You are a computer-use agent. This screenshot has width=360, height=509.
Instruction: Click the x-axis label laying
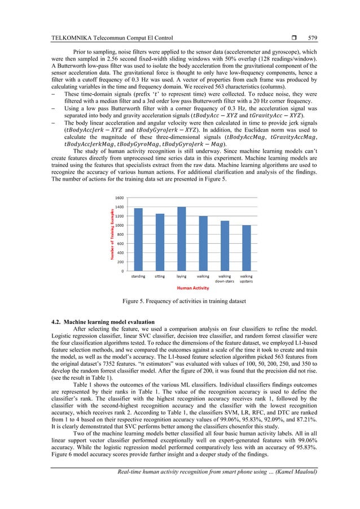coord(181,277)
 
